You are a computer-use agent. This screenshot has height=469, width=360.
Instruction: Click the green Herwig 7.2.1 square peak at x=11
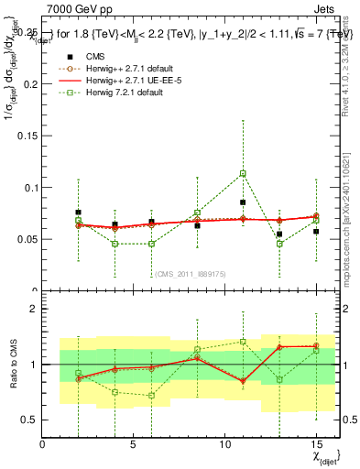click(243, 173)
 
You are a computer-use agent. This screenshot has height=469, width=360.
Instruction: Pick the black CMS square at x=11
click(243, 202)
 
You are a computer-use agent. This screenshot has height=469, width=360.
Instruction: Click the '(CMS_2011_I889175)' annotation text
click(187, 274)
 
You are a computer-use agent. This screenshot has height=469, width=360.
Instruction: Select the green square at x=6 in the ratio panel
click(151, 396)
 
